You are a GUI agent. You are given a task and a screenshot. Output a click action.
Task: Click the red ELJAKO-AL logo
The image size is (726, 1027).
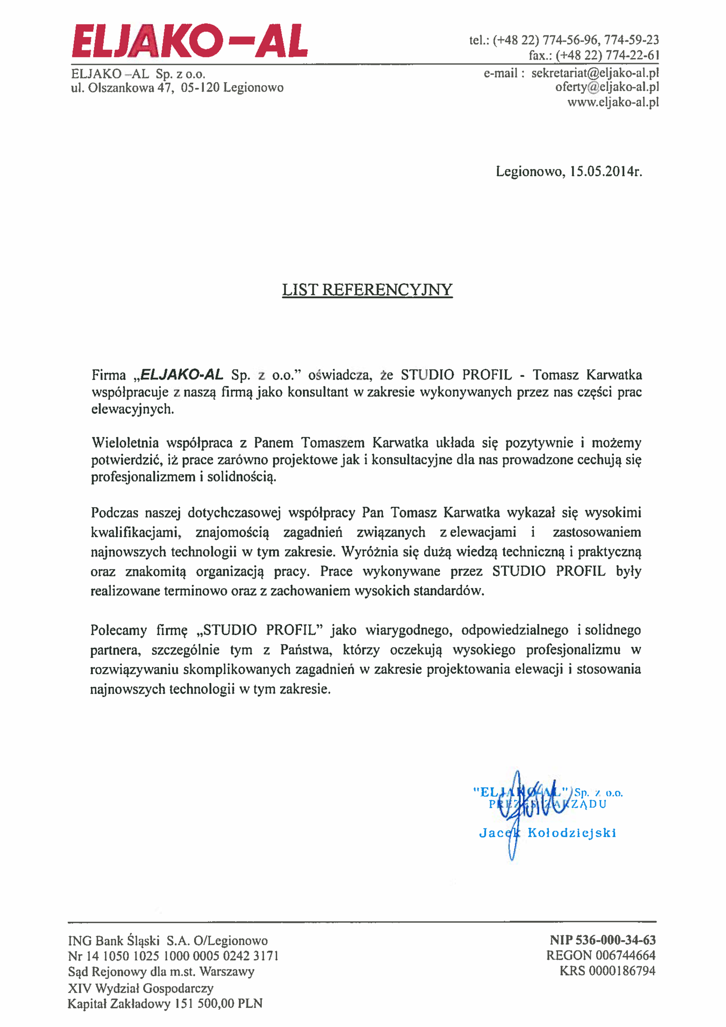click(190, 41)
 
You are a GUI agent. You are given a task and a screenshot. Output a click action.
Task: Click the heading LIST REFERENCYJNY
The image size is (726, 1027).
click(367, 290)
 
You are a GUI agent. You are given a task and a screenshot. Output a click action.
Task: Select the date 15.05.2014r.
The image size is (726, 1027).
click(606, 172)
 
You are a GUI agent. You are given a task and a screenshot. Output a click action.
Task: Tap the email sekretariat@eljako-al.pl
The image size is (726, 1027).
click(595, 73)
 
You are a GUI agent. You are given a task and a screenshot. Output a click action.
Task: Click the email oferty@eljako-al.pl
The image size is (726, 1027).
click(607, 87)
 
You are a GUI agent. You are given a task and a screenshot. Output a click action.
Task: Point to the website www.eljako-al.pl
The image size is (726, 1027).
click(613, 102)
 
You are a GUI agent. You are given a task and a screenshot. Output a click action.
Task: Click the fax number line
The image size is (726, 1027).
click(594, 55)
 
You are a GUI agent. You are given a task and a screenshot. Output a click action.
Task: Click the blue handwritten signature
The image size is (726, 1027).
click(519, 811)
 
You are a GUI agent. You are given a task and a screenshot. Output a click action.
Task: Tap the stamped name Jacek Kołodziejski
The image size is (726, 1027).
click(547, 833)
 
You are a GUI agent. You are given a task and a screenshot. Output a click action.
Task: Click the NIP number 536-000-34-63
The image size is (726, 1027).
click(603, 940)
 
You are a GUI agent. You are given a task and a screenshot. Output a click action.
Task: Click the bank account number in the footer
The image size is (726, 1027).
click(173, 956)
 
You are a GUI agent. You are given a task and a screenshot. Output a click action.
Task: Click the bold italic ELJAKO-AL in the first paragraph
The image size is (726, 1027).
click(182, 374)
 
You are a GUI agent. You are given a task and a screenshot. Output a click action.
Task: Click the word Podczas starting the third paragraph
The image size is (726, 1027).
click(113, 513)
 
